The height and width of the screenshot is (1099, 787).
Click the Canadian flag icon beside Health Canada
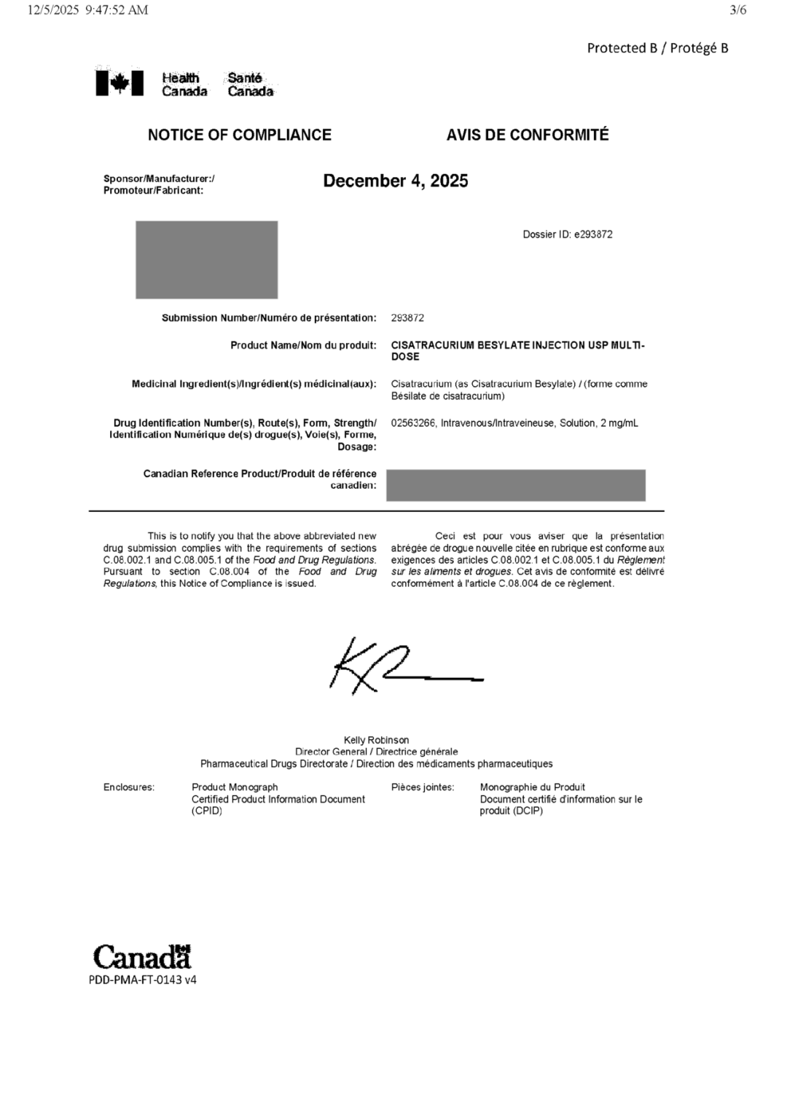tap(113, 83)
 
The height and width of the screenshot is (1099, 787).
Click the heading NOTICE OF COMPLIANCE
tap(239, 135)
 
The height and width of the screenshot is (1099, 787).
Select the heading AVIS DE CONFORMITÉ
tap(528, 135)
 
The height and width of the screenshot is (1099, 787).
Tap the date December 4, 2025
tap(396, 181)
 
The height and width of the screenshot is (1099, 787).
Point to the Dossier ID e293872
tap(568, 235)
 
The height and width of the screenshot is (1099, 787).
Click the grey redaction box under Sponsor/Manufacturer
tap(206, 259)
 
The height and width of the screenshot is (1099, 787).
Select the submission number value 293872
tap(407, 318)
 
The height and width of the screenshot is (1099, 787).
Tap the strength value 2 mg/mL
tap(619, 423)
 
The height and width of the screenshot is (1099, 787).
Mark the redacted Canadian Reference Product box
tap(515, 485)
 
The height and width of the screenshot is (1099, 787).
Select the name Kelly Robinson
tap(376, 740)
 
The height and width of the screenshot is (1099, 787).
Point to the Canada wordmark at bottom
tap(142, 957)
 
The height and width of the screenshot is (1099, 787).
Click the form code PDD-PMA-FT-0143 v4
tap(143, 980)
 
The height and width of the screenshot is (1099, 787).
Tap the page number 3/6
tap(737, 10)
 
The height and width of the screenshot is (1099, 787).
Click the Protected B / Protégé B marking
tap(657, 48)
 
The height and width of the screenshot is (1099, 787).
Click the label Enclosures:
tap(129, 787)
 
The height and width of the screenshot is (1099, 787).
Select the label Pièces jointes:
tap(423, 787)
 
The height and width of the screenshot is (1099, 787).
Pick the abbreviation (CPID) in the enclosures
tap(207, 811)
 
